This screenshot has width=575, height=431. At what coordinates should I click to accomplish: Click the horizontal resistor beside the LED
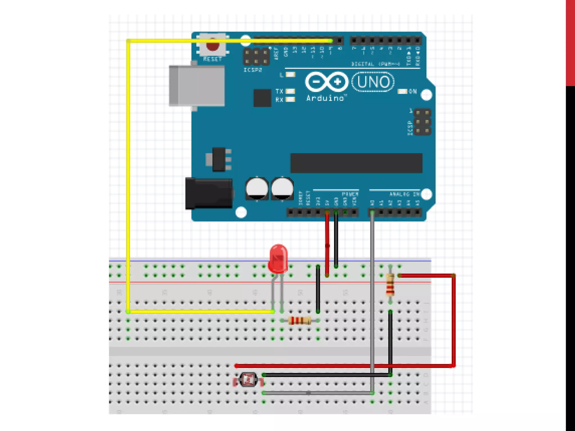point(300,320)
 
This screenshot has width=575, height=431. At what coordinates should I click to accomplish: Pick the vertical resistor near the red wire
point(390,285)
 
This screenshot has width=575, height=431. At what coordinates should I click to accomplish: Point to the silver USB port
point(197,86)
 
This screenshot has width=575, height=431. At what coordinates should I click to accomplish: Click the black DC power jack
point(209,194)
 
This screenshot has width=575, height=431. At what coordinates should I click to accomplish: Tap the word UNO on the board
point(373,82)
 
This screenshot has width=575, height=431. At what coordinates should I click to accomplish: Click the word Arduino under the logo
point(325,98)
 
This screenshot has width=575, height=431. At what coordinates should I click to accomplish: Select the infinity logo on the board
point(327,82)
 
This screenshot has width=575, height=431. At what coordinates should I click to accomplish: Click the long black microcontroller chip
point(356,163)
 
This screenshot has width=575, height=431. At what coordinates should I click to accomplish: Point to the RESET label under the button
point(213,59)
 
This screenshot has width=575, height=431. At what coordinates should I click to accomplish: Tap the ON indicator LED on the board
point(402,91)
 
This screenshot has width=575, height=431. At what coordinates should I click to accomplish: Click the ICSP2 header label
point(253,70)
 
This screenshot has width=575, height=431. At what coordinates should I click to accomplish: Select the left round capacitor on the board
point(257,189)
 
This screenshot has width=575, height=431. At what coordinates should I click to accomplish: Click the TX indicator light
point(290,91)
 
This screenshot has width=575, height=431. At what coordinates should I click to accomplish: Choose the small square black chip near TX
point(262,98)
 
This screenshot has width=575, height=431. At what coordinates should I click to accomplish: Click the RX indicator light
point(290,99)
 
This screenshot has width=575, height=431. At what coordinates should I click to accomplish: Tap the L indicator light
point(290,75)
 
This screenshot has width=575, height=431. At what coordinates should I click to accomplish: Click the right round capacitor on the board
point(282,189)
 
